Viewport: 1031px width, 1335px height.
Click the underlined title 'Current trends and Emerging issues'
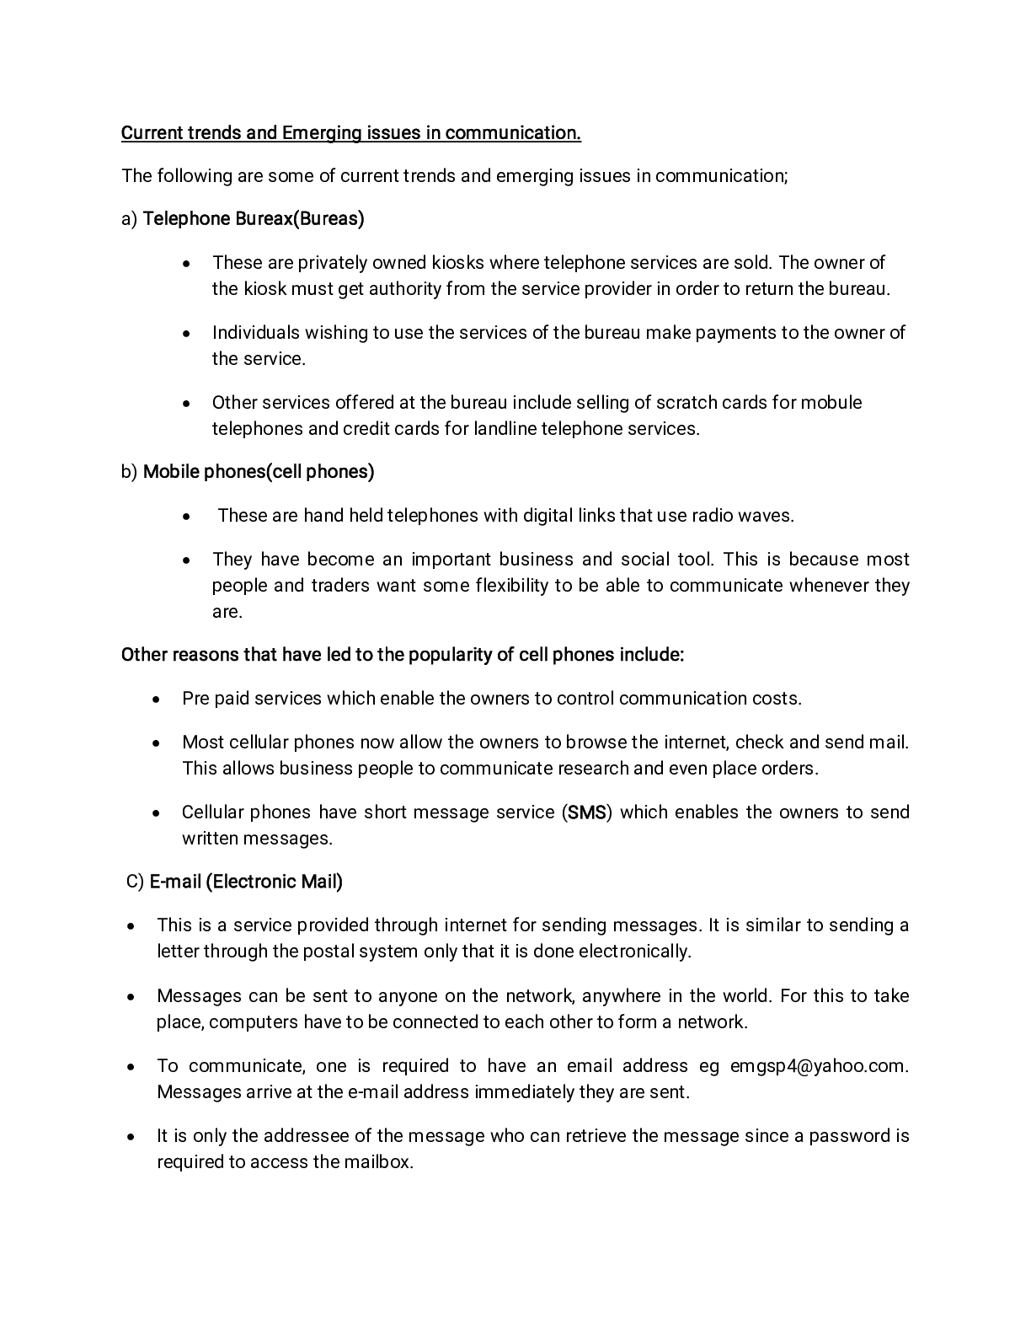[350, 133]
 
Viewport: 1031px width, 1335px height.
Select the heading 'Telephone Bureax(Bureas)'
[254, 219]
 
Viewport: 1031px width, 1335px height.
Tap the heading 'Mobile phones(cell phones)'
[259, 472]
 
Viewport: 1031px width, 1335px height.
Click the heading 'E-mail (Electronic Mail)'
[246, 882]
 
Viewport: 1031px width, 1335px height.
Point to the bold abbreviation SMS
[586, 813]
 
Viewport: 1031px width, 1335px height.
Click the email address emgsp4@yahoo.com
[818, 1066]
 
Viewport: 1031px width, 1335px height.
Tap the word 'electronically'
[637, 952]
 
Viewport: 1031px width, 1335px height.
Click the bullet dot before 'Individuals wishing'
[186, 334]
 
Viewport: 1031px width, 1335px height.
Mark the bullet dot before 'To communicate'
[131, 1067]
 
